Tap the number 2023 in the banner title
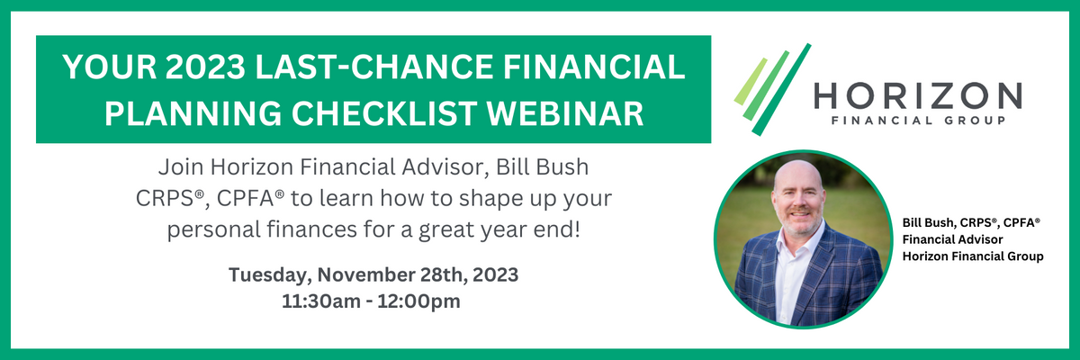(205, 67)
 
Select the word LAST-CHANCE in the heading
(374, 67)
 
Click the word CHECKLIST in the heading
(383, 113)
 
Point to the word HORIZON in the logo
(918, 96)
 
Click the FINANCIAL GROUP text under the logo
(918, 121)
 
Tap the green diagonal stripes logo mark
(772, 90)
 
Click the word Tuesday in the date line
(270, 275)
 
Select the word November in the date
(368, 274)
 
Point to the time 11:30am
(320, 301)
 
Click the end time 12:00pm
(418, 302)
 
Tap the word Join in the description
(181, 167)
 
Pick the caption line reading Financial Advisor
(952, 239)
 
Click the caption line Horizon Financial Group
(973, 256)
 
